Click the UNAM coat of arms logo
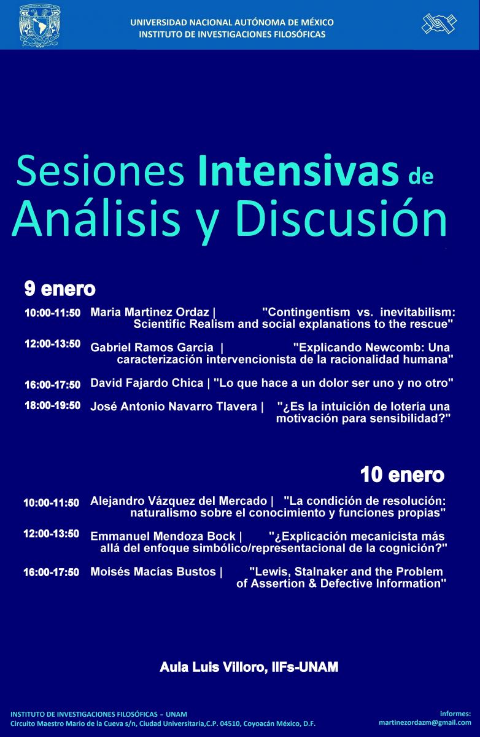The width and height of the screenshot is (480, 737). [40, 25]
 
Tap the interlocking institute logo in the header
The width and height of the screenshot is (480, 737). [439, 23]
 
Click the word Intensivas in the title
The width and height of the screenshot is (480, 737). [298, 171]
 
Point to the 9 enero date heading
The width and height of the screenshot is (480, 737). [60, 289]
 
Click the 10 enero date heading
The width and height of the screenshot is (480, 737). [402, 475]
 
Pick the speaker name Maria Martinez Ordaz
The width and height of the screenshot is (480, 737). [150, 312]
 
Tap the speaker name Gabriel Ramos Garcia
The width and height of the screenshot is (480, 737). [152, 347]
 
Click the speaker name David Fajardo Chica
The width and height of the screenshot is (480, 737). [147, 383]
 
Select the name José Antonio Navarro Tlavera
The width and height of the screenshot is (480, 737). [174, 407]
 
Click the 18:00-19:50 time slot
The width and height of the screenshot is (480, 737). [53, 405]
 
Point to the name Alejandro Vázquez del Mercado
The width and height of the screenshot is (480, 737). [179, 501]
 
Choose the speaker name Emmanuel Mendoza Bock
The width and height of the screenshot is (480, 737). [163, 536]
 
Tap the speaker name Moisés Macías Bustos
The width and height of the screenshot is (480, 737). [153, 572]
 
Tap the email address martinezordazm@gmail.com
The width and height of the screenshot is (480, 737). [425, 722]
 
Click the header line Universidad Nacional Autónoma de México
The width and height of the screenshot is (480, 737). [232, 22]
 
